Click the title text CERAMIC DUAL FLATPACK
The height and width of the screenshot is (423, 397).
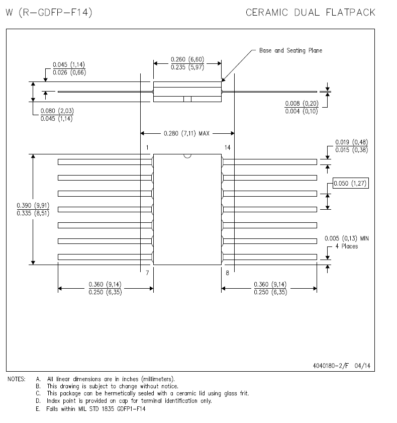click(x=310, y=13)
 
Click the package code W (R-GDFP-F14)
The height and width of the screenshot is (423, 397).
click(x=49, y=13)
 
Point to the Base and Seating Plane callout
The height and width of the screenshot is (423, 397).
click(x=290, y=51)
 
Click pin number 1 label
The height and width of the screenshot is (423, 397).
click(x=147, y=147)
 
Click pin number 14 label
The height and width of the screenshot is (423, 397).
click(x=228, y=147)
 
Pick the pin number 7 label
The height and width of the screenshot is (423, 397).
click(x=147, y=272)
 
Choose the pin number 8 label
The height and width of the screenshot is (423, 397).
click(x=227, y=272)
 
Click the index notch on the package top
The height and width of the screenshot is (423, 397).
click(x=187, y=156)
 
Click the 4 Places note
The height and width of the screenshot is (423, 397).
click(x=347, y=246)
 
